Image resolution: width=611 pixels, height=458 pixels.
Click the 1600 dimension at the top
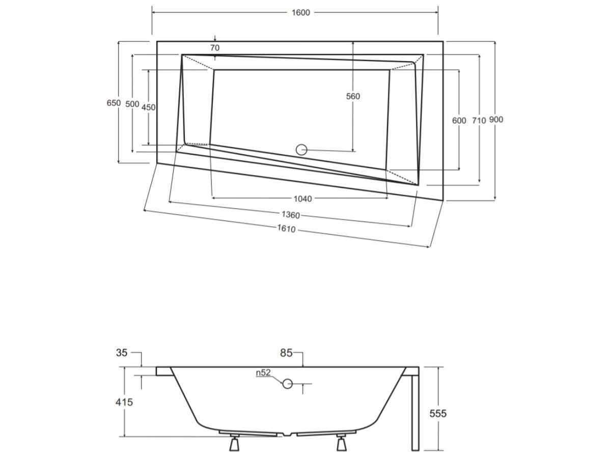click(300, 13)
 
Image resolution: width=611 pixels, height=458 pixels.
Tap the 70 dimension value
click(215, 48)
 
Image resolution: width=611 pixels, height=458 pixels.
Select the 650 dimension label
click(114, 103)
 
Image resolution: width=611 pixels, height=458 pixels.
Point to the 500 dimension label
click(132, 104)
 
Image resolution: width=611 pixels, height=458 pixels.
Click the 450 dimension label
click(148, 107)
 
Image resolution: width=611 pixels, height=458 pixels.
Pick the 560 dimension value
click(353, 96)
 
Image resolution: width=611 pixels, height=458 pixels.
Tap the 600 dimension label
click(459, 121)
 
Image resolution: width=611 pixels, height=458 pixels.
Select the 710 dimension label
click(479, 121)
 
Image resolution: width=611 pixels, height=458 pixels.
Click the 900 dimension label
click(496, 120)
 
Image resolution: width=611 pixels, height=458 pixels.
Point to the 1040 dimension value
click(303, 199)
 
